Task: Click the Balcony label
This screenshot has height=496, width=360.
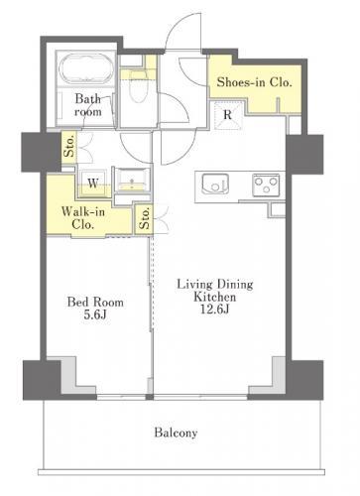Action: [x=176, y=433]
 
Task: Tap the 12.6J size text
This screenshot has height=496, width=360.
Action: [x=215, y=309]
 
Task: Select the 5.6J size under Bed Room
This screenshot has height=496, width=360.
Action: [x=95, y=314]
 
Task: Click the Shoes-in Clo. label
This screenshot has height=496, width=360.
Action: [x=254, y=82]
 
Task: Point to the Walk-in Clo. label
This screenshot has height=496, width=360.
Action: [x=83, y=218]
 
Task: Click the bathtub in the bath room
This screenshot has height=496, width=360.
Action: [x=86, y=68]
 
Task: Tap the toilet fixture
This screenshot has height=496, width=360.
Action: [x=138, y=86]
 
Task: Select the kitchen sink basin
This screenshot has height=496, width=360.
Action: [x=215, y=184]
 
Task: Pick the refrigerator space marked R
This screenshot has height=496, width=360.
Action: [x=227, y=115]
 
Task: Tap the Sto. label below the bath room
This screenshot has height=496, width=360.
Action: [x=69, y=147]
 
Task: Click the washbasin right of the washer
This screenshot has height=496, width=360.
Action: [x=132, y=181]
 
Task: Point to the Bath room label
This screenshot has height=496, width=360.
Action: [x=88, y=105]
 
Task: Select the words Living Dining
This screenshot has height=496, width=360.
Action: [x=215, y=285]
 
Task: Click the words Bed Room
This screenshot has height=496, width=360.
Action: [x=95, y=302]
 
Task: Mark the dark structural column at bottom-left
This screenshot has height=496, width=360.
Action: [x=42, y=380]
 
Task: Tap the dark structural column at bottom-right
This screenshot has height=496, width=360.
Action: [x=304, y=380]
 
